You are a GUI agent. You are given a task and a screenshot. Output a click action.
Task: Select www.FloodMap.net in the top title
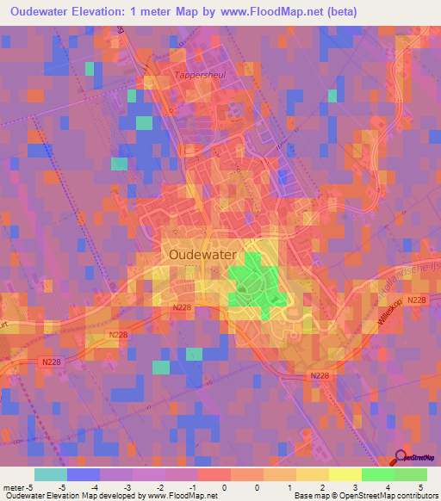(x=246, y=12)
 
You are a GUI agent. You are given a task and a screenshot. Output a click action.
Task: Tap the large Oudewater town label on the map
(x=205, y=255)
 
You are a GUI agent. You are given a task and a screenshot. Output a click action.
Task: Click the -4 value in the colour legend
(x=83, y=486)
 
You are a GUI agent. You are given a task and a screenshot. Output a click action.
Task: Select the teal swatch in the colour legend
(x=50, y=474)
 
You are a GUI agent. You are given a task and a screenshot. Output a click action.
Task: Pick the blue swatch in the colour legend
(x=83, y=474)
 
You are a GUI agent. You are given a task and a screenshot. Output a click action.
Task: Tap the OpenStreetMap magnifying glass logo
(x=401, y=458)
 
